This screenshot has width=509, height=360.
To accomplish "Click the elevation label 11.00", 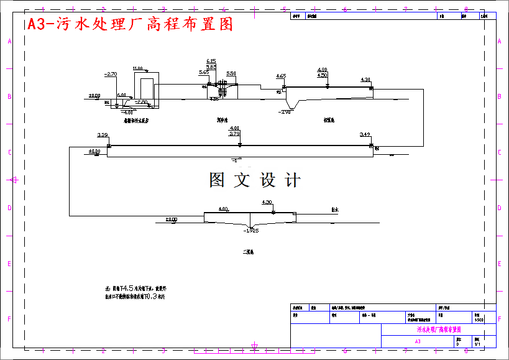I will [137, 68].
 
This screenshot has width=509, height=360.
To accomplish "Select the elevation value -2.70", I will [111, 74].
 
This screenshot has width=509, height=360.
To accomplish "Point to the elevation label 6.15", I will [211, 61].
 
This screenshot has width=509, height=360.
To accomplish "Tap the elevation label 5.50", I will [231, 73].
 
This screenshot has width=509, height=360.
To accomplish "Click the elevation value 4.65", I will [281, 76].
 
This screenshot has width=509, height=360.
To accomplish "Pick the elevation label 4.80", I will [322, 70].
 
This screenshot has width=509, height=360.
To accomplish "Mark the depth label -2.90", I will [285, 112].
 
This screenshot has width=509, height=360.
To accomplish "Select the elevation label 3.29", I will [103, 135].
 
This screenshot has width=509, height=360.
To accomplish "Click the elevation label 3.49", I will [365, 135].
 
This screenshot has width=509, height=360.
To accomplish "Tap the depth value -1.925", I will [251, 231].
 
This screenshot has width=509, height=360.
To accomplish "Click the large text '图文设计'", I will [255, 180].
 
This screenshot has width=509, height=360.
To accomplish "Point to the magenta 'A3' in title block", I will [418, 341].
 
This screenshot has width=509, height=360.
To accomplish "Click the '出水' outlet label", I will [335, 210].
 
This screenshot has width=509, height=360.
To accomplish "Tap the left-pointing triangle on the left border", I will [11, 180].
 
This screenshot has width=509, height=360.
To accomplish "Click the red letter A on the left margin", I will [9, 41].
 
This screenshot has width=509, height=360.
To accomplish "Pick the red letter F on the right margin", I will [500, 320].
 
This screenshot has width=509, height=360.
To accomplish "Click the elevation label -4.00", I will [127, 113].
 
